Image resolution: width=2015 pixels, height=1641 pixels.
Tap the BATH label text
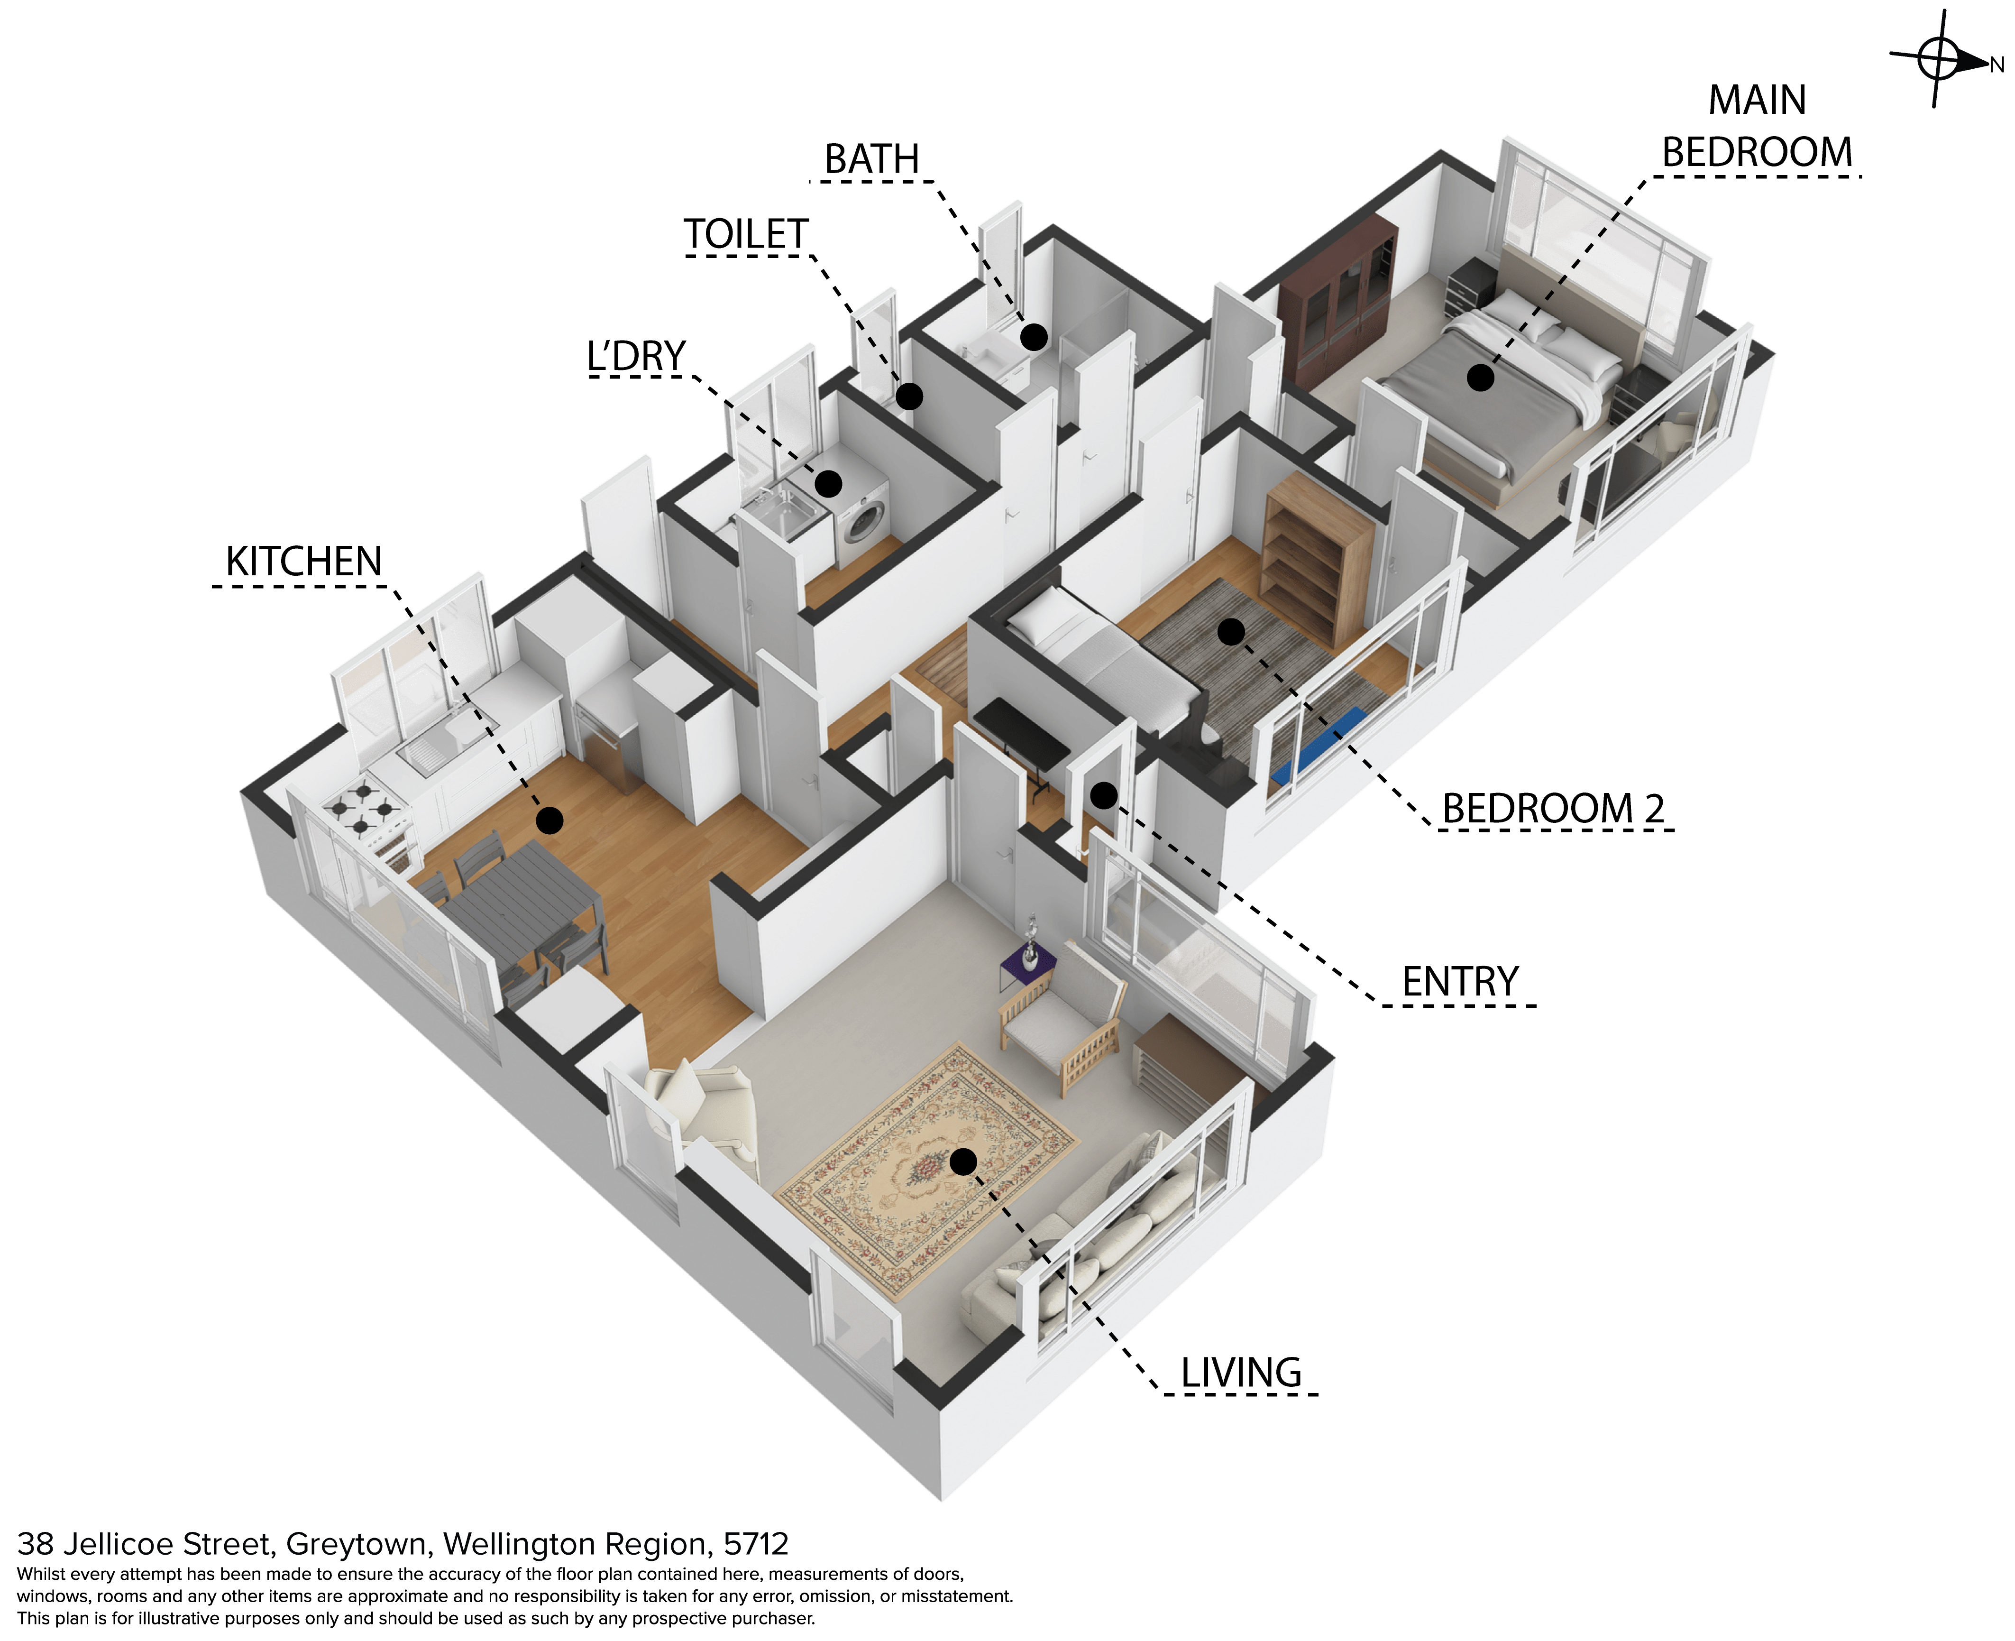[871, 159]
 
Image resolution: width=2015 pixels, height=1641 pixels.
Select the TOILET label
[746, 234]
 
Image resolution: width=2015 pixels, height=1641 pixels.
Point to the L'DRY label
[636, 356]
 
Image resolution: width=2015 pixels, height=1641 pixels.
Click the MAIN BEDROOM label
[1757, 126]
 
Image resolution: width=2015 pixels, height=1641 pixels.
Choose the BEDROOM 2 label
[1553, 809]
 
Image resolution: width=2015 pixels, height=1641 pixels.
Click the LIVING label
[1241, 1373]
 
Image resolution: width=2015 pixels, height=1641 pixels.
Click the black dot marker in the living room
[963, 1162]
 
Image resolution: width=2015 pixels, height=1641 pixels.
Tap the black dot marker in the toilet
[909, 396]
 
